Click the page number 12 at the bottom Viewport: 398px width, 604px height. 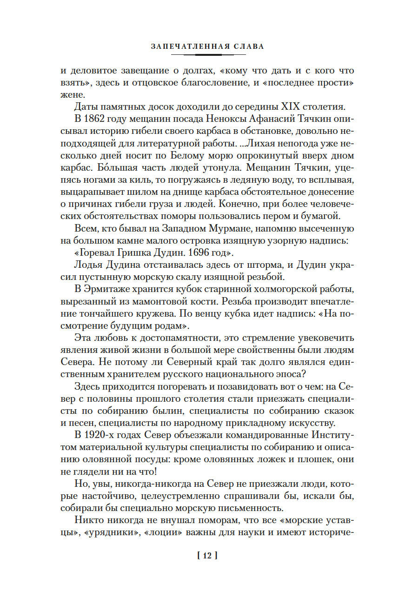click(205, 555)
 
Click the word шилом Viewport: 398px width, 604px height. click(139, 192)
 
